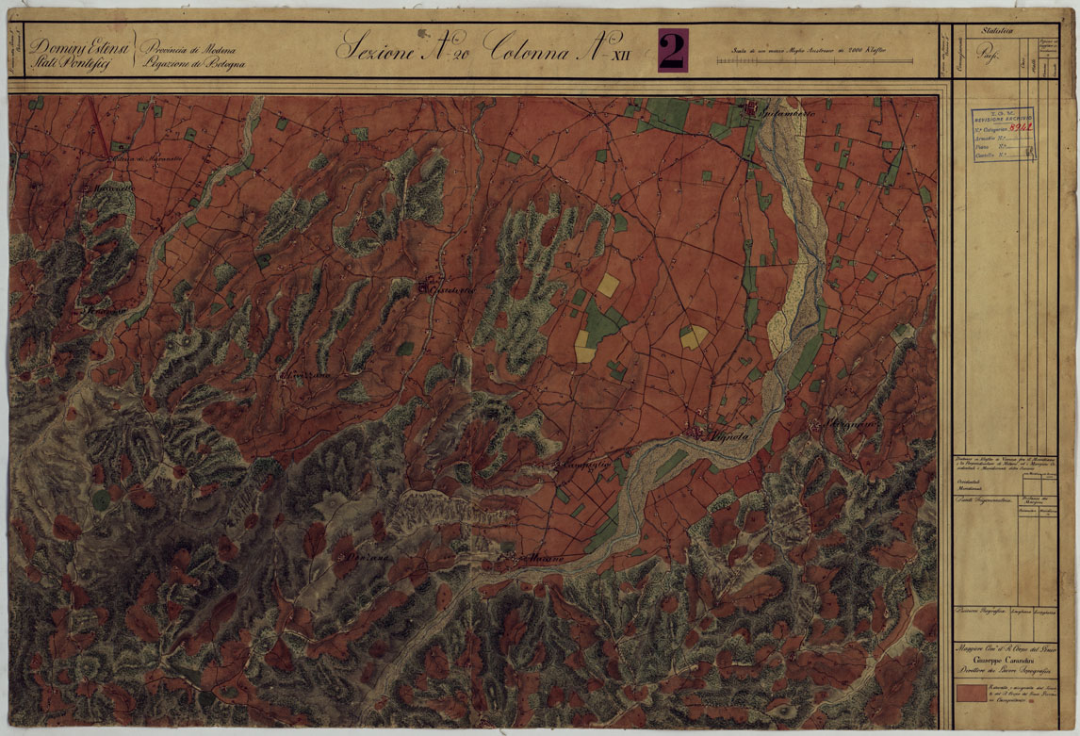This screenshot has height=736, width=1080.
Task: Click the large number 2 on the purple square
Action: click(672, 51)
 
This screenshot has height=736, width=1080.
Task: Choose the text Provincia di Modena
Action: click(188, 47)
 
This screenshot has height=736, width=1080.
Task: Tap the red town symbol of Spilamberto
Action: click(752, 112)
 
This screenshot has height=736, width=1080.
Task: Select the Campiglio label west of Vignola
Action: click(581, 467)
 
